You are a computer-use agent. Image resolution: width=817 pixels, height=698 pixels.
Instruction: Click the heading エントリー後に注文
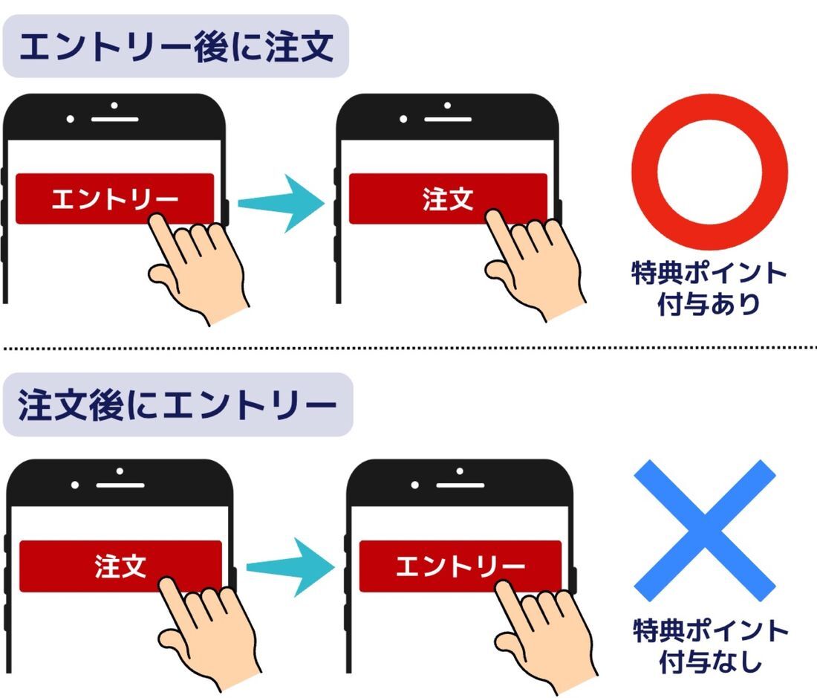click(x=175, y=47)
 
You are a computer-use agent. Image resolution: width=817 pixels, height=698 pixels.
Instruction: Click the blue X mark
click(x=705, y=530)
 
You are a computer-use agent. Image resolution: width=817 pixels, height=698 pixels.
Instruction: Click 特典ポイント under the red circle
click(x=709, y=274)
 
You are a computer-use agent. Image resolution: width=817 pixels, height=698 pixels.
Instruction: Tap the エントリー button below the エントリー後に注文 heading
click(x=114, y=198)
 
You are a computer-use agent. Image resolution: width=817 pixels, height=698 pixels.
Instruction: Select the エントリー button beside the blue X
click(x=460, y=566)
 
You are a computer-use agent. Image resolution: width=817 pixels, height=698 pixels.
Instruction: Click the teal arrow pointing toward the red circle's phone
click(x=281, y=202)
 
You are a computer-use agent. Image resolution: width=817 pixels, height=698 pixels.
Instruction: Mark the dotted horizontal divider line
click(x=408, y=347)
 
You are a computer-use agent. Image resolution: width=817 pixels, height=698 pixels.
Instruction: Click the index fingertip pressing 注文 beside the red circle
click(x=494, y=217)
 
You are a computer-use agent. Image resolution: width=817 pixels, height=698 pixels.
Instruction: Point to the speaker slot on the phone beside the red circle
click(x=448, y=119)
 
